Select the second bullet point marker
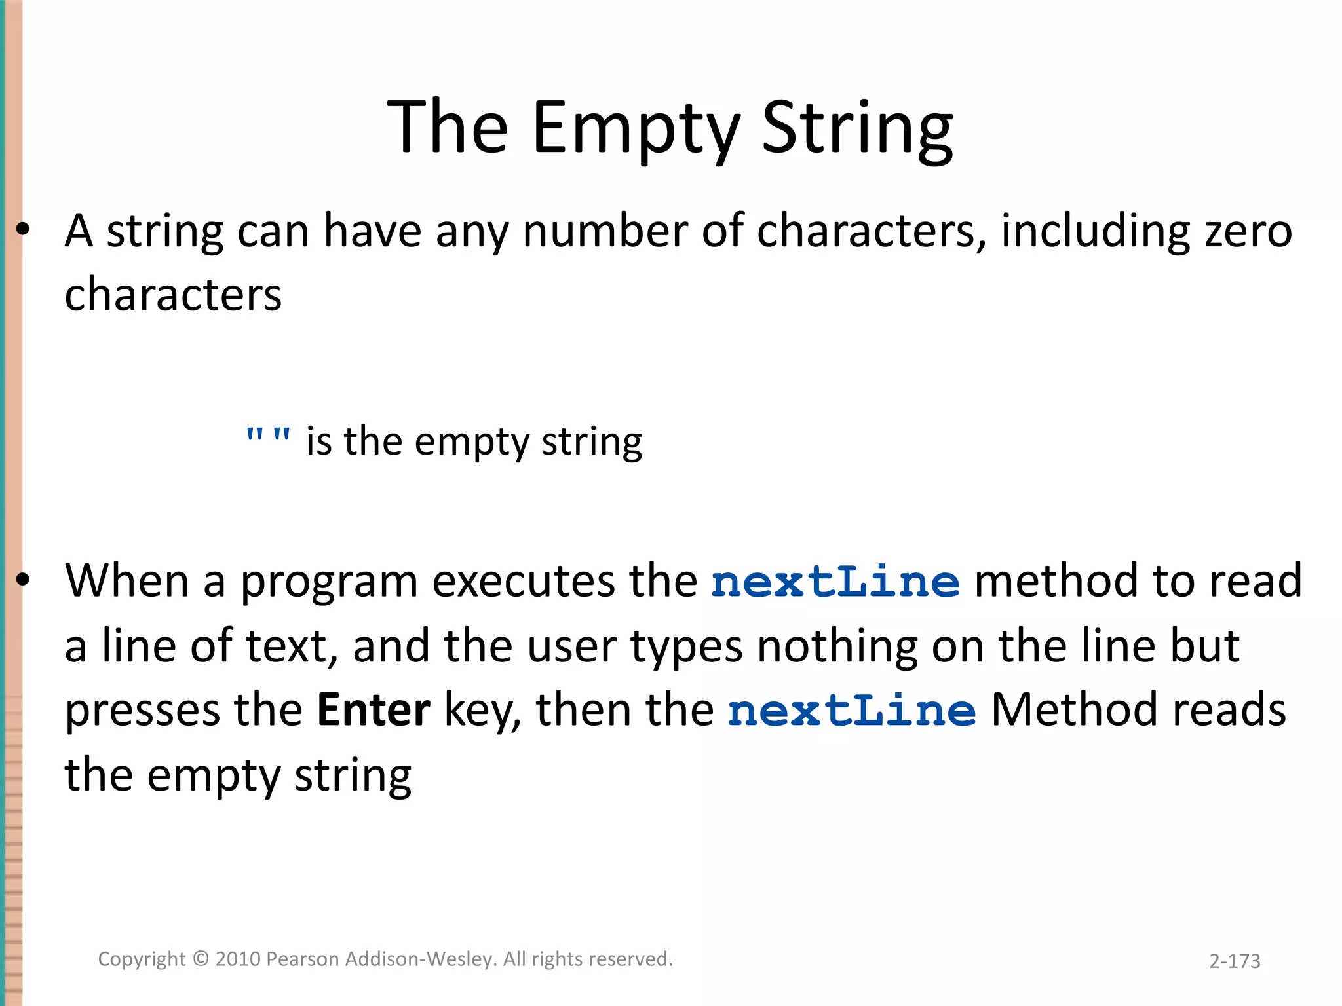click(x=24, y=580)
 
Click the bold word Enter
click(x=374, y=710)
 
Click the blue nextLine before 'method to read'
click(x=835, y=582)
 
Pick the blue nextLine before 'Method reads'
click(x=852, y=711)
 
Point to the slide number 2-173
click(x=1235, y=961)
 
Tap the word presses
click(x=142, y=711)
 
